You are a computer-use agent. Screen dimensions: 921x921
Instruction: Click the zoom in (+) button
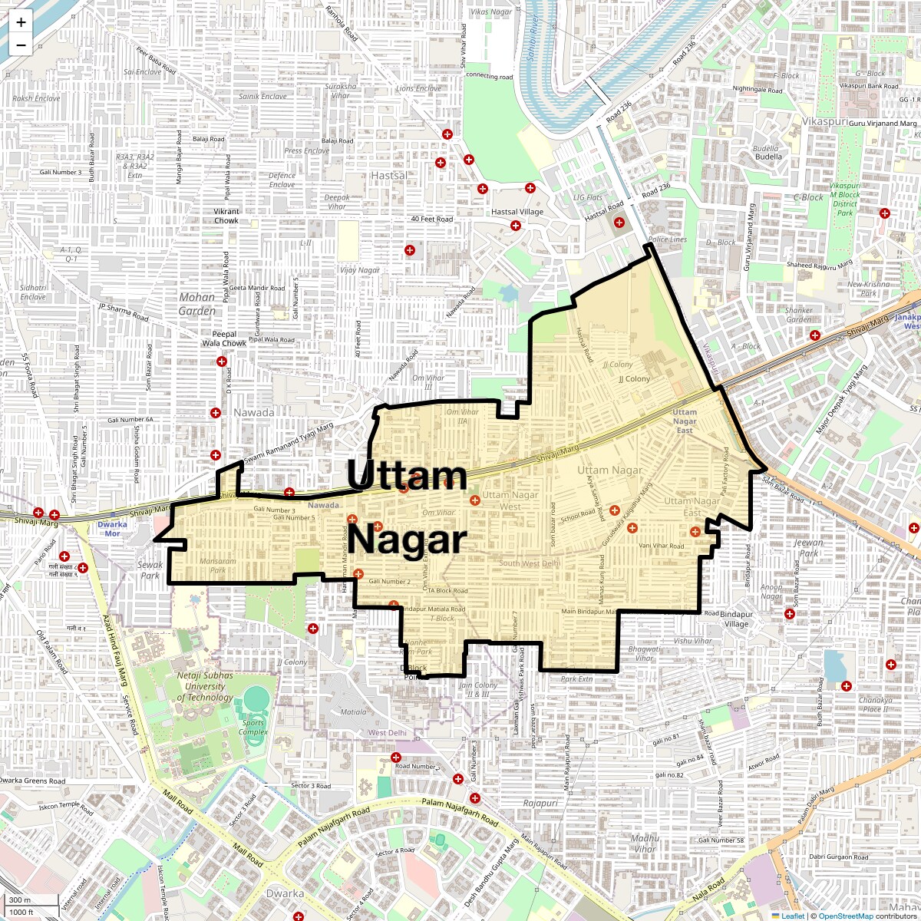(x=21, y=22)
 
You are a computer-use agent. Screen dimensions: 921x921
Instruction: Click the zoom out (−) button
(x=21, y=45)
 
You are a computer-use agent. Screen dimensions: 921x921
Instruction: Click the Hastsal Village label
(x=517, y=212)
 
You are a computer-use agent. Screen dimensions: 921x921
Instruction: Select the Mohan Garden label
(x=197, y=304)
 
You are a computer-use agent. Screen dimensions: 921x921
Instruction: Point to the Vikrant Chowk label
(x=226, y=216)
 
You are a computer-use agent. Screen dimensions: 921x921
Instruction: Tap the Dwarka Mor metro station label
(x=113, y=529)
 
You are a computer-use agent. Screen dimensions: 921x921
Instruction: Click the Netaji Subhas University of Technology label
(x=205, y=686)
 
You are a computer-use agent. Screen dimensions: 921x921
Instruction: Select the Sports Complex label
(x=253, y=727)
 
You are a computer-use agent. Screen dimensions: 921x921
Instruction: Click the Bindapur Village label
(x=735, y=619)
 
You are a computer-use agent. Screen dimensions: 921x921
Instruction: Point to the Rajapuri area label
(x=541, y=803)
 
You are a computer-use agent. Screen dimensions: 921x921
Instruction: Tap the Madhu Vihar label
(x=645, y=843)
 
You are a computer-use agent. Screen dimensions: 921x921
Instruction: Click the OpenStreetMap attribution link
(x=845, y=916)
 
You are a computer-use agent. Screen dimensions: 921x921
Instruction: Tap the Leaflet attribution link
(x=792, y=916)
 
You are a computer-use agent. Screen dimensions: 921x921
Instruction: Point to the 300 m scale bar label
(x=21, y=900)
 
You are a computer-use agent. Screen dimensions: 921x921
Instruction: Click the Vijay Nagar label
(x=360, y=270)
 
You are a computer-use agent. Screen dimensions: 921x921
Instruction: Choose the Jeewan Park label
(x=808, y=547)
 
